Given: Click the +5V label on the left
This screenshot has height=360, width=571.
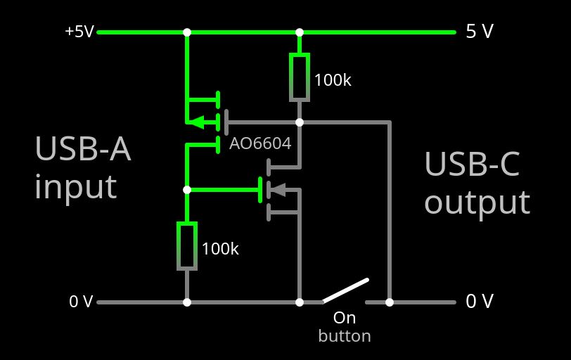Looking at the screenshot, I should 79,32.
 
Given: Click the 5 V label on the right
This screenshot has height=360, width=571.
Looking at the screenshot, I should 480,32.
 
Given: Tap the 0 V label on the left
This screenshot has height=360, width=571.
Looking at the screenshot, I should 81,302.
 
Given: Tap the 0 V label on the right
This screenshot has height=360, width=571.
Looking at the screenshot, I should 480,302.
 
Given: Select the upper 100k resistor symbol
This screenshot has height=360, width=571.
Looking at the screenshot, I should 299,77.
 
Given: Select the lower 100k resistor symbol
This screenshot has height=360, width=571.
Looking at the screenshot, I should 186,245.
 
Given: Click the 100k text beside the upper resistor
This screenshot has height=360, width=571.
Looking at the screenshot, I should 333,80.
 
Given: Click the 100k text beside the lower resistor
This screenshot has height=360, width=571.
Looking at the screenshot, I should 220,249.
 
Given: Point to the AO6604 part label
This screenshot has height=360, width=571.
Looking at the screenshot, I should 260,144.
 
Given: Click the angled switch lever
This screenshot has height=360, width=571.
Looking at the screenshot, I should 346,290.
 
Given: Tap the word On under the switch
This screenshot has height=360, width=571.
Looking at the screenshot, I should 345,318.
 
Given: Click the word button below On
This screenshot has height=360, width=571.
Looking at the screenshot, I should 345,336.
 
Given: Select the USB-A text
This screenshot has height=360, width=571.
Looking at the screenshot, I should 83,149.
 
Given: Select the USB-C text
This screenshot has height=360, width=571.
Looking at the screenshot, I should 472,165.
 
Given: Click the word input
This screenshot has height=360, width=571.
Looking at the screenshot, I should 75,187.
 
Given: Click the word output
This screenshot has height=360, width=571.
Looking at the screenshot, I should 477,202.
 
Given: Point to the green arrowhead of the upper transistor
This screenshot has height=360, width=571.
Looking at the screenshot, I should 197,122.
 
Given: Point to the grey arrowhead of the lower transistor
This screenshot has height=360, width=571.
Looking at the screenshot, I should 278,189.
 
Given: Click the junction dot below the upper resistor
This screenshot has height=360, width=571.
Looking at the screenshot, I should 299,122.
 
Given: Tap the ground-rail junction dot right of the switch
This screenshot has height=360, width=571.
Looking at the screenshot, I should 390,302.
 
